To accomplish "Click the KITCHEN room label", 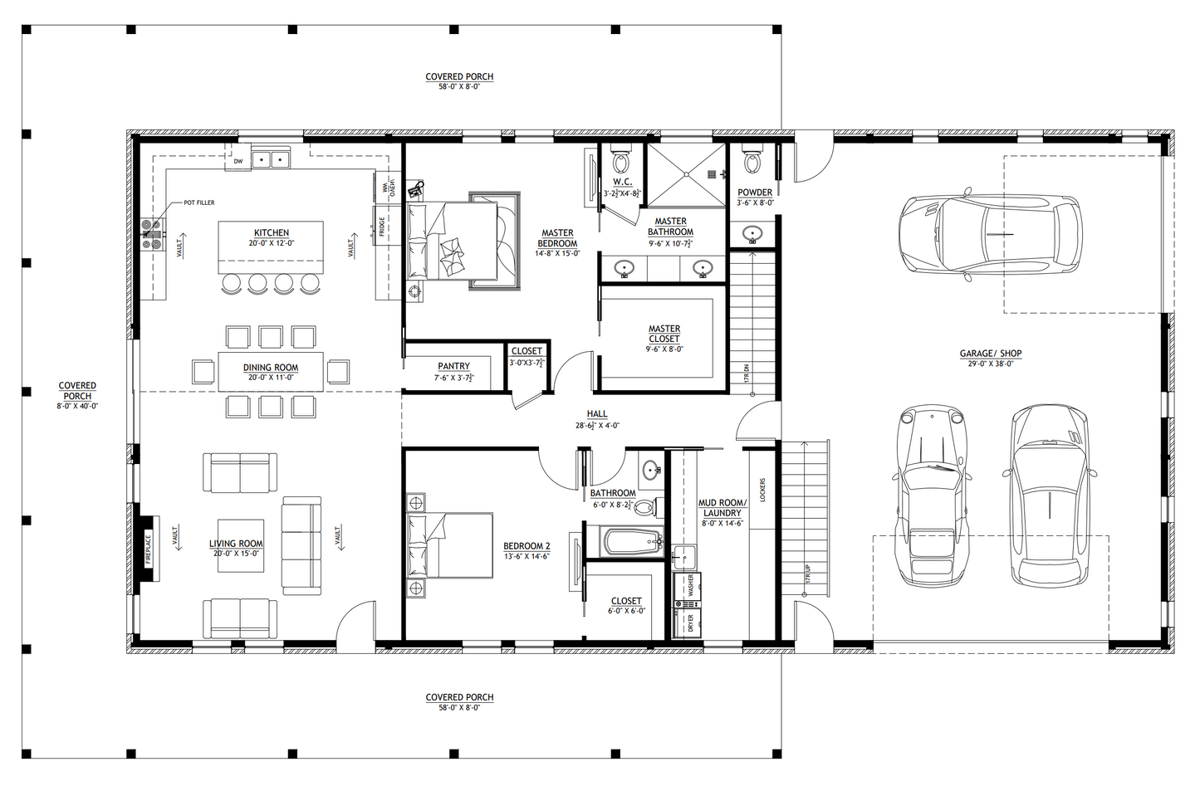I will point(272,233).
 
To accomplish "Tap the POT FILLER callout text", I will point(198,203).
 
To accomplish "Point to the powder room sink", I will point(754,234).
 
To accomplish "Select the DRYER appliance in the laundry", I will point(689,622).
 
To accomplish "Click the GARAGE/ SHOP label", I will point(991,354).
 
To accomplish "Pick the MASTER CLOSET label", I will point(664,334).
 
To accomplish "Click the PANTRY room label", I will point(453,366).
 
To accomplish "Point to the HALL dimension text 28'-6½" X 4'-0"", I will point(597,425).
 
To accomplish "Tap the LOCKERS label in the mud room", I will point(762,490).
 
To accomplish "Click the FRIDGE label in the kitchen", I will point(382,225).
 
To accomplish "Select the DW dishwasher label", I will point(238,161).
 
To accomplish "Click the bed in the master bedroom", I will point(461,241).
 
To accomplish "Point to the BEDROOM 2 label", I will point(527,547).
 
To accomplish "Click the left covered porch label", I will point(77,391).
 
